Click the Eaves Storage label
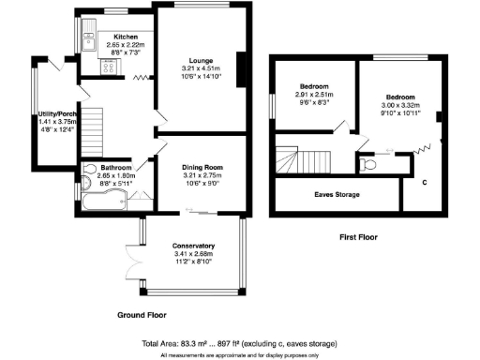[335, 194]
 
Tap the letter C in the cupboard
[425, 181]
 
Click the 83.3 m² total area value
[196, 343]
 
